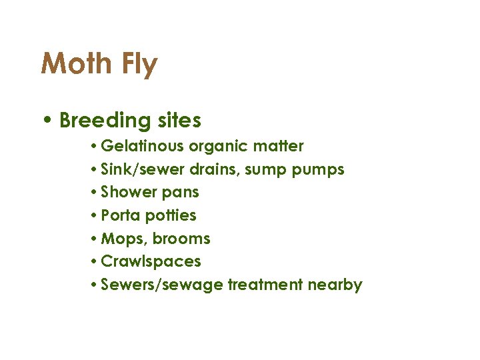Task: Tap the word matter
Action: click(279, 146)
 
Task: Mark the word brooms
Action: click(182, 239)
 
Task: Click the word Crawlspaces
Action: click(151, 262)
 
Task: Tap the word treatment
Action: click(265, 285)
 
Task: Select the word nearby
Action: click(335, 285)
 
